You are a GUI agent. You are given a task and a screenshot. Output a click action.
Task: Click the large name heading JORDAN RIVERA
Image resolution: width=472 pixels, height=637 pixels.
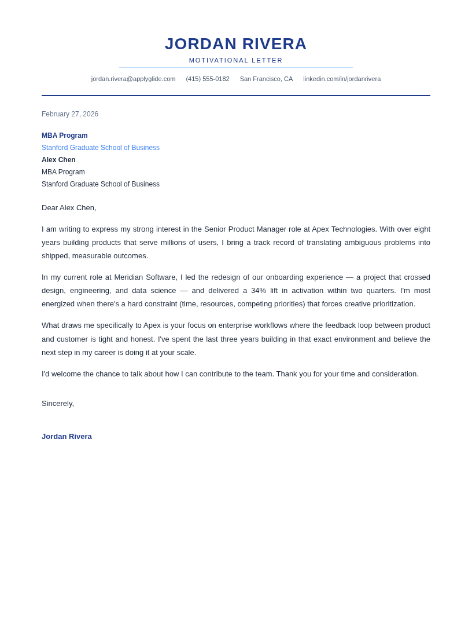click(236, 44)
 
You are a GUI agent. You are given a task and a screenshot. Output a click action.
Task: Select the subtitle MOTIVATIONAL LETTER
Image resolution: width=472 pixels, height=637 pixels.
click(236, 60)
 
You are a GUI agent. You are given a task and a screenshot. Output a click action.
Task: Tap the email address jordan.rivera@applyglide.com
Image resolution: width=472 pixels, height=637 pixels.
click(133, 79)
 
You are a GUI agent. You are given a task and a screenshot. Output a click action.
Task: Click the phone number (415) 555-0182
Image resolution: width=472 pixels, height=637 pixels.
click(207, 79)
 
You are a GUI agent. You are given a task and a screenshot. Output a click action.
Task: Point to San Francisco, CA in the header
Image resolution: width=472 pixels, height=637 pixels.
click(266, 79)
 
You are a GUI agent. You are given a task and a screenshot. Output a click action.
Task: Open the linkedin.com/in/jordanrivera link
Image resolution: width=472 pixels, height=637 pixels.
click(342, 79)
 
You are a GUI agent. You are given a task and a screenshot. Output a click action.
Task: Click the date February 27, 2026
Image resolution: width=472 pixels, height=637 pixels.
click(70, 114)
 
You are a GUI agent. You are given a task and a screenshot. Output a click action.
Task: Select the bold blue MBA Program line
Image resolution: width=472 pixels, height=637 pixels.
click(65, 136)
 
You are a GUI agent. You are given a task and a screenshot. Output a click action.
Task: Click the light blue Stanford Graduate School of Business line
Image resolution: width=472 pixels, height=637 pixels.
click(101, 148)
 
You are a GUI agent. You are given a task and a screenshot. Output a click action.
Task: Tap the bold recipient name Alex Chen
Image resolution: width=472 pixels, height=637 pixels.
click(58, 160)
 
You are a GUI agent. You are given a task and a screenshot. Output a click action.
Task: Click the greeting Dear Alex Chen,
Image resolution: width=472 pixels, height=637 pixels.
click(69, 208)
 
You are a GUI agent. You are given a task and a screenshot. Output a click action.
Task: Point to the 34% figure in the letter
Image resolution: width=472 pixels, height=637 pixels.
click(259, 291)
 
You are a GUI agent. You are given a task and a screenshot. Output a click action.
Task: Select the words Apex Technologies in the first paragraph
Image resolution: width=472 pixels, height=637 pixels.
click(344, 229)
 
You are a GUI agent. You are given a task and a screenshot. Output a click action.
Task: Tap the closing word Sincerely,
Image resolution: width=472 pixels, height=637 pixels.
click(58, 404)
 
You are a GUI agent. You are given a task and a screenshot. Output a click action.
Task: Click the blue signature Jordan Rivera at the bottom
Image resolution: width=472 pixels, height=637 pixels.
click(67, 437)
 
